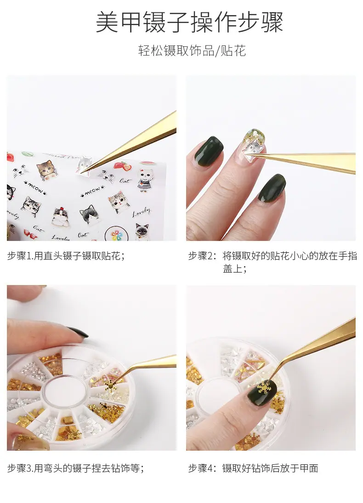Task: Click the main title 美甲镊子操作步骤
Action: pyautogui.click(x=189, y=22)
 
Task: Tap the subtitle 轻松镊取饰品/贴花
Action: pyautogui.click(x=192, y=50)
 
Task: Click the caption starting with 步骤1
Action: pyautogui.click(x=66, y=256)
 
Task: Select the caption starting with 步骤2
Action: pyautogui.click(x=272, y=262)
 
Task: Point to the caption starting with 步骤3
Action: pyautogui.click(x=75, y=469)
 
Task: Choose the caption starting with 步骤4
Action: pyautogui.click(x=253, y=469)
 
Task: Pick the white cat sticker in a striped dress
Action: pyautogui.click(x=146, y=180)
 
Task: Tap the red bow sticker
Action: pyautogui.click(x=30, y=235)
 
